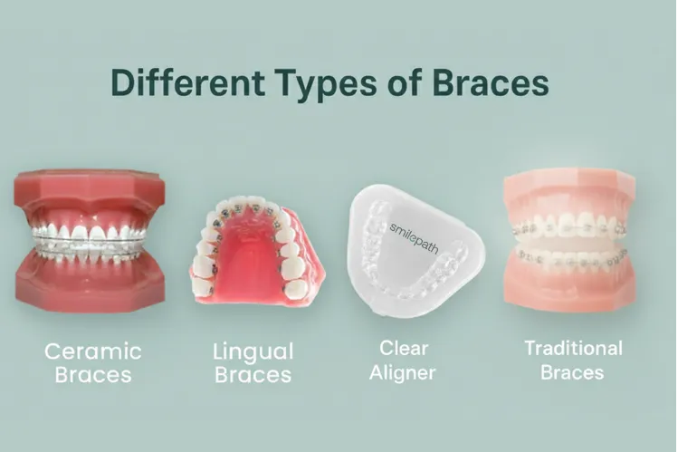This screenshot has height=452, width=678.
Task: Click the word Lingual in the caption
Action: (253, 351)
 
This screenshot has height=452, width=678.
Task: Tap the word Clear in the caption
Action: (403, 347)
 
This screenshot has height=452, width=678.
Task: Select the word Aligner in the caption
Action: (403, 372)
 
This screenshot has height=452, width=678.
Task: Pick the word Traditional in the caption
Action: (574, 348)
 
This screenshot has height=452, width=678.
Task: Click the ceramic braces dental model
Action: (89, 241)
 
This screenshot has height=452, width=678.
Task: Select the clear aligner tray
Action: (415, 243)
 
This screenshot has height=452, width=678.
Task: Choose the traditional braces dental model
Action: (568, 240)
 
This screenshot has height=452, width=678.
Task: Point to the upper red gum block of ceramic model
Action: (89, 194)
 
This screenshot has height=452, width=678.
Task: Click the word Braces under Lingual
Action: (253, 374)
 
